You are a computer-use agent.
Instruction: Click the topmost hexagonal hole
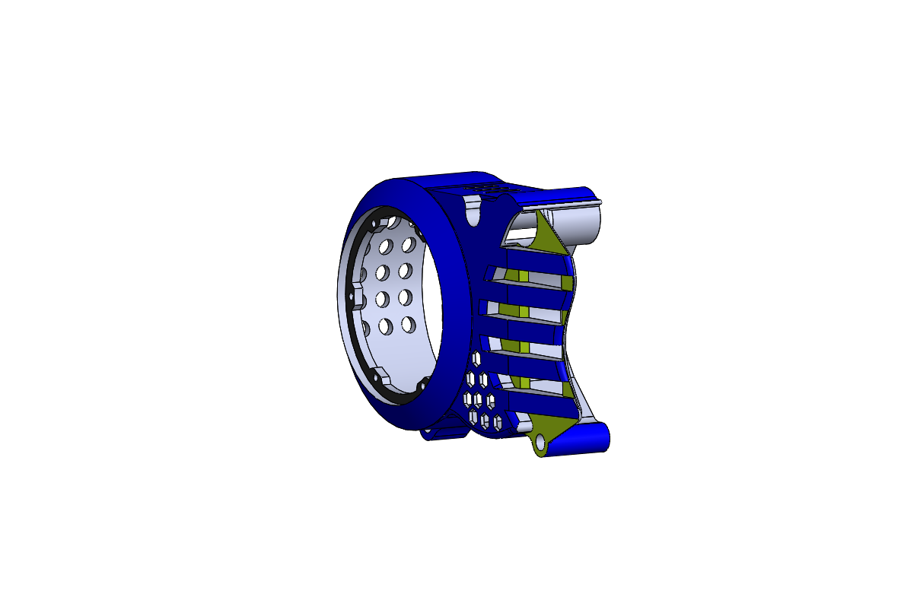pyautogui.click(x=476, y=357)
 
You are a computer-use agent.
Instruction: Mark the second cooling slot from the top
pyautogui.click(x=525, y=304)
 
